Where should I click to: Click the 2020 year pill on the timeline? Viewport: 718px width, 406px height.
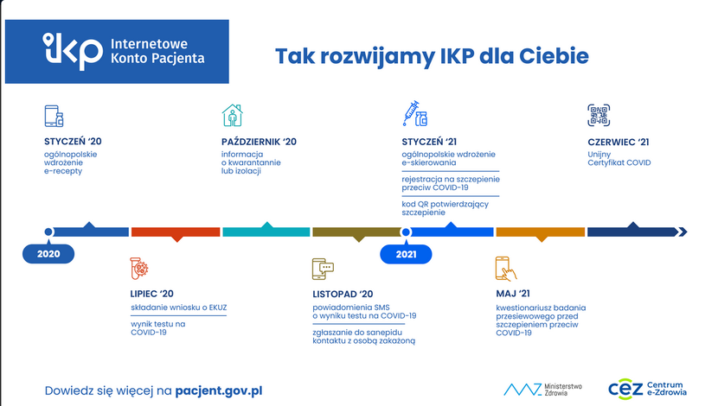click(48, 254)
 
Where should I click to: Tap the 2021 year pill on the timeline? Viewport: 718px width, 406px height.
click(406, 254)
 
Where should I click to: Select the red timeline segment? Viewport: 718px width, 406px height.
click(176, 232)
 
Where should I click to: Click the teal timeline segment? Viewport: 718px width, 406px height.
click(266, 231)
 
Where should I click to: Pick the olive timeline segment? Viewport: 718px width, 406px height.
click(356, 232)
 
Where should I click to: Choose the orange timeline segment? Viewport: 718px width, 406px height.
click(541, 232)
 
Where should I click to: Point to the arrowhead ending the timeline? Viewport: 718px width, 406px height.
click(683, 232)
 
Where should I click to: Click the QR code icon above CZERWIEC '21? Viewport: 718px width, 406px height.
click(599, 115)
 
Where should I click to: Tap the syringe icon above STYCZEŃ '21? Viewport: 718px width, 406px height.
click(415, 114)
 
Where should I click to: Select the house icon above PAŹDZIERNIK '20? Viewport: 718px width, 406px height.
click(233, 115)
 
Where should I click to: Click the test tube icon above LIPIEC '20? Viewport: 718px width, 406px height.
click(138, 268)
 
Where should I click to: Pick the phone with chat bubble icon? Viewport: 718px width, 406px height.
click(323, 269)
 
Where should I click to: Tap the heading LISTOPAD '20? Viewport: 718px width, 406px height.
click(343, 294)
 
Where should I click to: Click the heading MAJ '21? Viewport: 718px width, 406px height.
click(513, 294)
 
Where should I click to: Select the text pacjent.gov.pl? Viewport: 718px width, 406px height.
click(219, 391)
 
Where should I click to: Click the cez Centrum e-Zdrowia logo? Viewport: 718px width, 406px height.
click(647, 389)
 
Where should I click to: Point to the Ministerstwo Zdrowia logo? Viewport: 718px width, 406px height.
click(542, 390)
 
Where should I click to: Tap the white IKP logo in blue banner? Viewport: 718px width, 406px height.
click(73, 51)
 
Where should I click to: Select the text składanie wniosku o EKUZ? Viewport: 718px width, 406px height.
click(178, 308)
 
